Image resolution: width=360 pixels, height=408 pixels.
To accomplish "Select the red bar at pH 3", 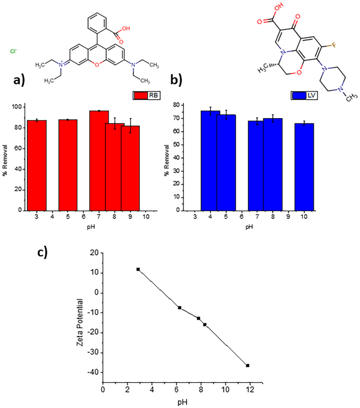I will [x=37, y=165].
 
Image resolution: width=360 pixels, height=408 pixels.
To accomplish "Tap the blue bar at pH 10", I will [x=304, y=166].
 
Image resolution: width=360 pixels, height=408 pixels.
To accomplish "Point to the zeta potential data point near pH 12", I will [x=248, y=365].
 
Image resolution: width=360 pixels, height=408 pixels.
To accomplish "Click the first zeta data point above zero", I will [x=138, y=269].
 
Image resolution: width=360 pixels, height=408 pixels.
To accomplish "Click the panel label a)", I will [x=20, y=80].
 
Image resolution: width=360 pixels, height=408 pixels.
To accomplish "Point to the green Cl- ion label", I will [x=14, y=51].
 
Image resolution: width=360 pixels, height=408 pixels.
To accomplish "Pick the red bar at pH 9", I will [x=130, y=168].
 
